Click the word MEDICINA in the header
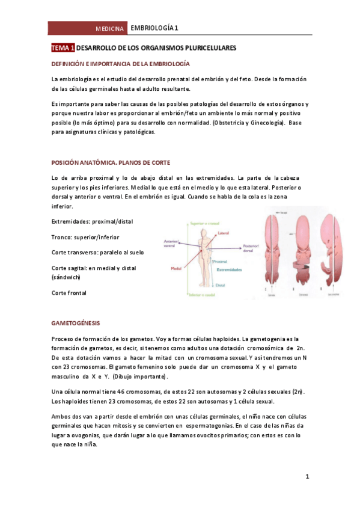(110, 29)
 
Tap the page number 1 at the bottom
(307, 478)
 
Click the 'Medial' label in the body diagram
(177, 269)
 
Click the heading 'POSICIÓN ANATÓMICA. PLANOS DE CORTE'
(111, 163)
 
